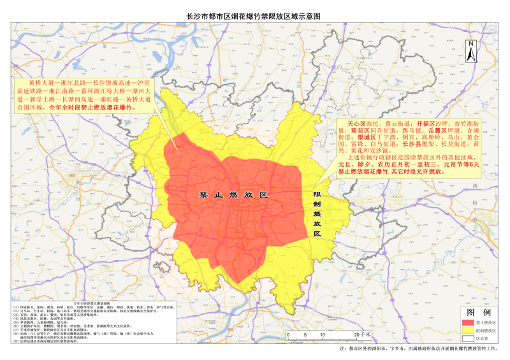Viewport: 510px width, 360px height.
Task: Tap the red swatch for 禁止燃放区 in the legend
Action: (x=467, y=322)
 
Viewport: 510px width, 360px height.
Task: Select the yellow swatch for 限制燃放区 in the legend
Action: (x=467, y=331)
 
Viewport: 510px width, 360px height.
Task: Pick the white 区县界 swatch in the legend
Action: (x=467, y=339)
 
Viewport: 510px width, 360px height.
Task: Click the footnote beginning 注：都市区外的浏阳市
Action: (x=414, y=350)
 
